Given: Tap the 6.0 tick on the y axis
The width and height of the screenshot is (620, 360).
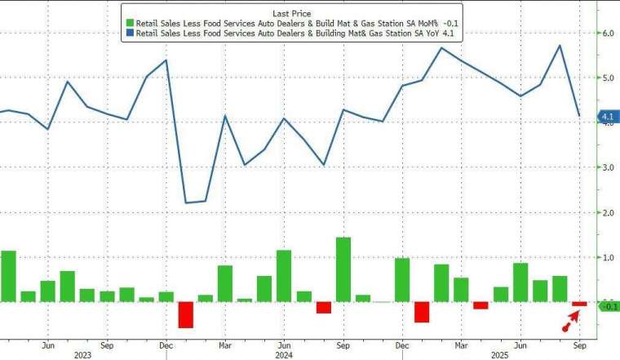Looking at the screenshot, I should (x=607, y=33).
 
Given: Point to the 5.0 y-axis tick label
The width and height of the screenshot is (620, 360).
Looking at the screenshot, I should (x=607, y=78).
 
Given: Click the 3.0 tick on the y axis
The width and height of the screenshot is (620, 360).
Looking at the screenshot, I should (x=607, y=167).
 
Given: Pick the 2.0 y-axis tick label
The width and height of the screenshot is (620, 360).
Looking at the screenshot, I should (x=607, y=212).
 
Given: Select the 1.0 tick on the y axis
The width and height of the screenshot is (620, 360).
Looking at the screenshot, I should (x=607, y=257).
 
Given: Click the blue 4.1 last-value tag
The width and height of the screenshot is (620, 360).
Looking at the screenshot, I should (x=607, y=118).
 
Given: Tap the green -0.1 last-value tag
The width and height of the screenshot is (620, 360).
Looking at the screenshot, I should (x=608, y=306).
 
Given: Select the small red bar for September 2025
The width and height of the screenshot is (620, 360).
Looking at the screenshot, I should (x=579, y=304).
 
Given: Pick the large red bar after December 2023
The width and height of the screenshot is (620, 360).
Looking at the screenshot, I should (x=185, y=314).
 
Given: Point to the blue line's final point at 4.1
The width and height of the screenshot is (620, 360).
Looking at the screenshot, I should (x=579, y=116).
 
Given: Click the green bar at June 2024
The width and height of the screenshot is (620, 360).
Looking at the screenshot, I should (x=284, y=275).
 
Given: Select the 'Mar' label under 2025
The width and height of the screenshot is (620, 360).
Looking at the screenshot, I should (x=461, y=344).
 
